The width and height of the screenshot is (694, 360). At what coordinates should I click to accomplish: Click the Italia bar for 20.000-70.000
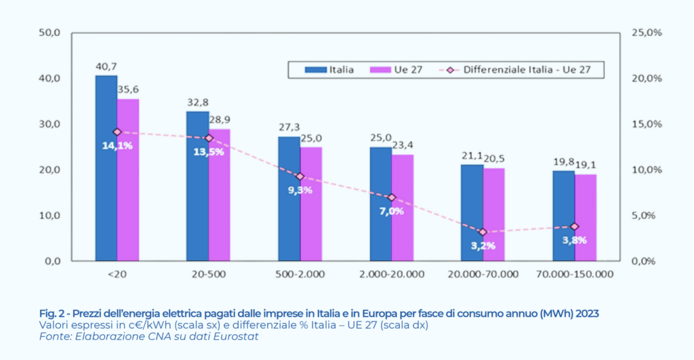pyautogui.click(x=472, y=213)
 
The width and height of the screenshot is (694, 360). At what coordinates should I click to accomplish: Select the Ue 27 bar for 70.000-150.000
pyautogui.click(x=586, y=218)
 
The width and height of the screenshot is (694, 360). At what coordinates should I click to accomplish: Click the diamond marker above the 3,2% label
pyautogui.click(x=483, y=232)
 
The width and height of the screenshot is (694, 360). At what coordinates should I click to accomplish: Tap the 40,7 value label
pyautogui.click(x=106, y=66)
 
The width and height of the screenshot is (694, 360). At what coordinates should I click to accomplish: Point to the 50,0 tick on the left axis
pyautogui.click(x=50, y=33)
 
